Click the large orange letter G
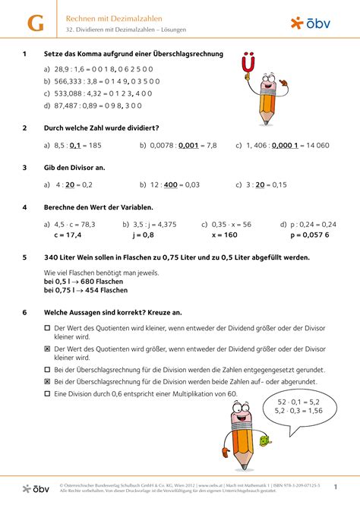[35, 23]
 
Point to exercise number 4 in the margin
[25, 207]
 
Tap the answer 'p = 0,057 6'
[305, 235]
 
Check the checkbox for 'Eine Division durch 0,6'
[47, 394]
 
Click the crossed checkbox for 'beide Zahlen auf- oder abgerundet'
[47, 381]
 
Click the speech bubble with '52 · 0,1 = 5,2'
[298, 405]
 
